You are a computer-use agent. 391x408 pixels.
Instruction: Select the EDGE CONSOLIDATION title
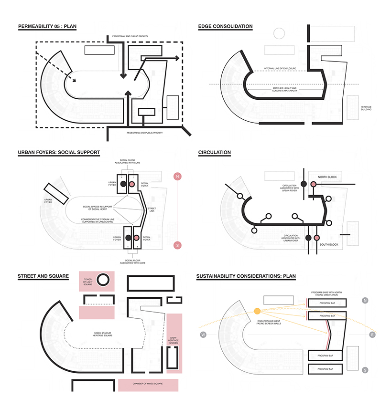225,26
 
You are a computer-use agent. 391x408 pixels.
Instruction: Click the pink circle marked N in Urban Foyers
178,177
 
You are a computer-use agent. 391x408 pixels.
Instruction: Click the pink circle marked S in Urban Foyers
178,245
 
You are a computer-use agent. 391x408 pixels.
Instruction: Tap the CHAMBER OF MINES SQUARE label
148,385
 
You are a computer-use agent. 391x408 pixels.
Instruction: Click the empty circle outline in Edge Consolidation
279,33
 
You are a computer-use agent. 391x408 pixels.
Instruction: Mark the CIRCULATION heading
215,153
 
